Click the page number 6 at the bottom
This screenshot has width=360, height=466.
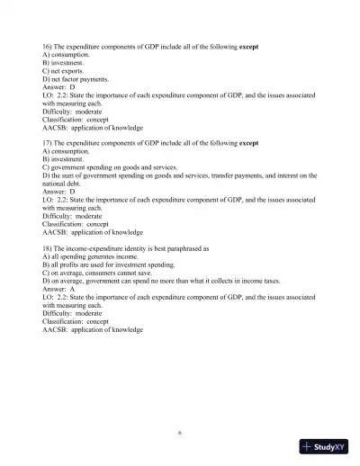[x=180, y=433]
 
